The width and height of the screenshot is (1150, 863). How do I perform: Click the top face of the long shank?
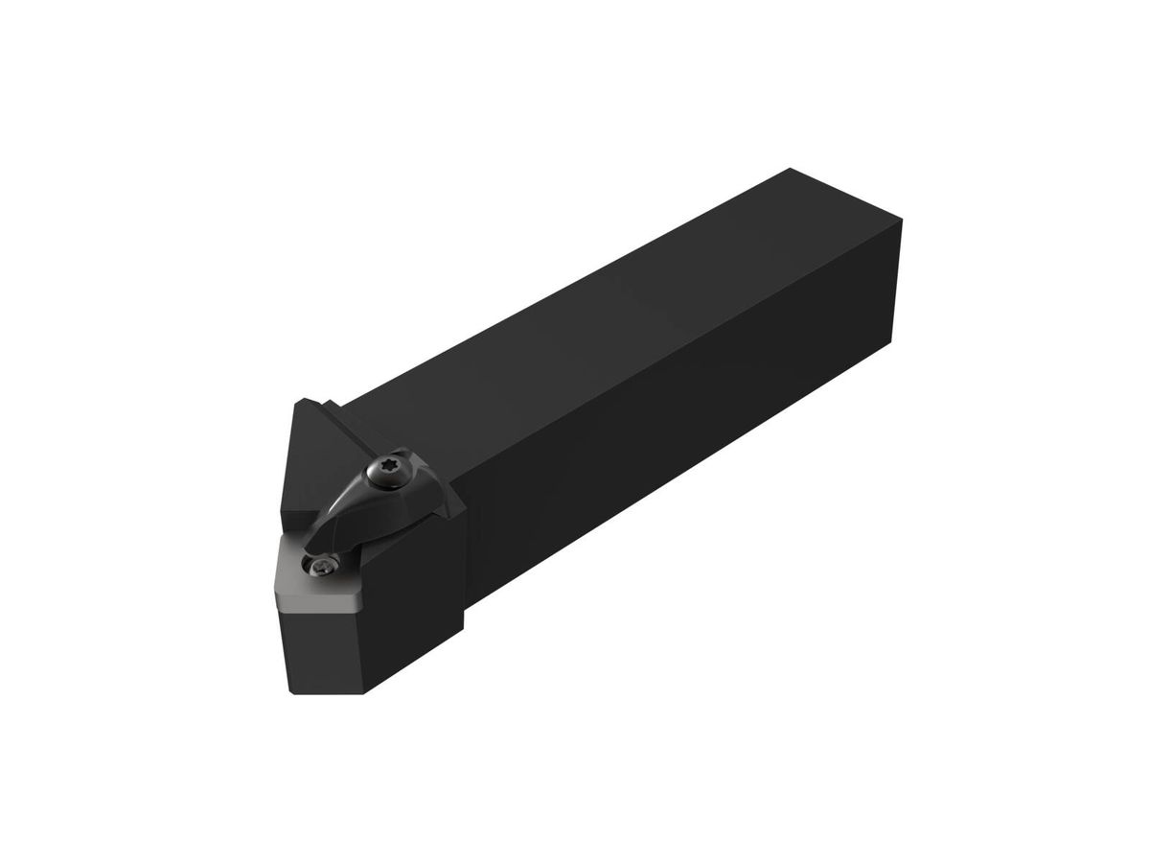[x=613, y=316]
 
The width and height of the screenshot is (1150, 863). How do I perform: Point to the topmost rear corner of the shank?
[x=789, y=170]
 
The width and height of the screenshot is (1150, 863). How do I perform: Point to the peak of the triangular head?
[x=305, y=401]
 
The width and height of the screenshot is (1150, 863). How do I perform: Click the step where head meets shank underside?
[x=467, y=623]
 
